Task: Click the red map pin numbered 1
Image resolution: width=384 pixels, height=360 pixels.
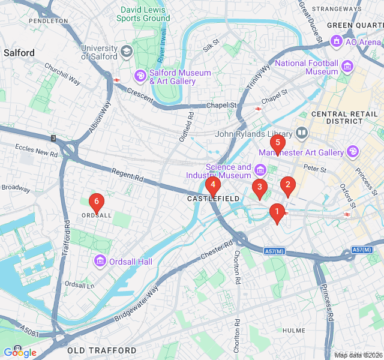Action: click(x=277, y=212)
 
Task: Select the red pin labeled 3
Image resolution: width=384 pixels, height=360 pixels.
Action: click(x=259, y=188)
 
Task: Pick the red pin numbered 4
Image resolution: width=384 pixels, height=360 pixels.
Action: click(x=213, y=185)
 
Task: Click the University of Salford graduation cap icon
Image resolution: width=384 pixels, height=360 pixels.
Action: click(x=127, y=52)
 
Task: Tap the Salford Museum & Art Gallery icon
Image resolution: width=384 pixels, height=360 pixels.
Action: click(x=140, y=76)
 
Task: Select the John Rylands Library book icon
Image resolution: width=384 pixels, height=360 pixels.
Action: click(x=302, y=132)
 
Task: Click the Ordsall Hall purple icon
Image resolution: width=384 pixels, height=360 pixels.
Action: click(x=100, y=261)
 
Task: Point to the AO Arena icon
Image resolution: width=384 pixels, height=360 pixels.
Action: click(x=336, y=41)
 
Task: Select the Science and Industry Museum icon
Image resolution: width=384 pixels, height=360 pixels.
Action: click(x=261, y=170)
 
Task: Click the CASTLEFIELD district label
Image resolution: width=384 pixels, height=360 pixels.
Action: click(x=213, y=199)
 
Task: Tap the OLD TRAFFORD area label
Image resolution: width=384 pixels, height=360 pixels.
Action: click(x=101, y=350)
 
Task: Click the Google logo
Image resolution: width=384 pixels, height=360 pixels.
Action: click(x=20, y=352)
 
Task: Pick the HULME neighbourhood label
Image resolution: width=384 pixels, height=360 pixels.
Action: click(x=294, y=331)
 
